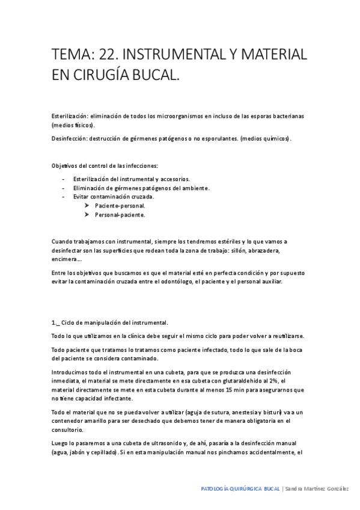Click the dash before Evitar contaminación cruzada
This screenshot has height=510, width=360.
(64, 197)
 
